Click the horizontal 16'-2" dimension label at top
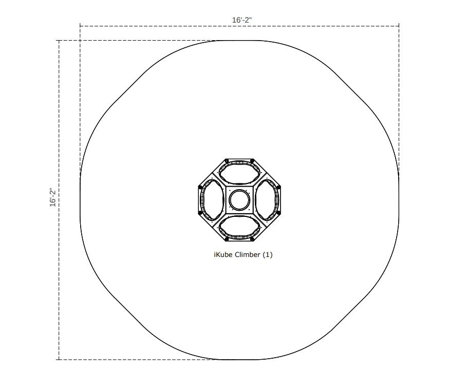(x=242, y=20)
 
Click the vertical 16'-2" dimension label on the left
(x=53, y=197)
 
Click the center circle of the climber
(x=239, y=200)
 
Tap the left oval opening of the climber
(x=212, y=200)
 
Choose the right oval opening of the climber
(x=267, y=200)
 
